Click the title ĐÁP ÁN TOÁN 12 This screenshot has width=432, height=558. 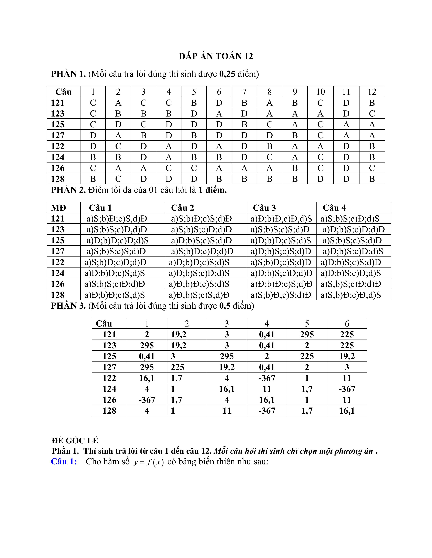[x=216, y=56]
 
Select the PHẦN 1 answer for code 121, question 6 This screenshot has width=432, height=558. [x=219, y=103]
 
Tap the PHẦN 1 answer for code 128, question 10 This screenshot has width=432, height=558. [x=320, y=179]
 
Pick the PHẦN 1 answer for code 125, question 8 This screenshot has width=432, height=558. [x=270, y=124]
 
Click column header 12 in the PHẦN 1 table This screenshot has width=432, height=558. [x=372, y=92]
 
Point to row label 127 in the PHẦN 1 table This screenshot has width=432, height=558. [x=58, y=135]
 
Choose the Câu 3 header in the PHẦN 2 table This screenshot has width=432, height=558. [x=264, y=208]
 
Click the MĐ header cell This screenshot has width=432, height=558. [x=59, y=208]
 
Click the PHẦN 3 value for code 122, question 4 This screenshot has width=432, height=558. [x=267, y=378]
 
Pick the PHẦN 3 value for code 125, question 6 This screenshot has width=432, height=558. [x=347, y=356]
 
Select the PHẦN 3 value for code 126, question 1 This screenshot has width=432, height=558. [x=147, y=400]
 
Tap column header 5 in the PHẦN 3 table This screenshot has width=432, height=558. [x=307, y=324]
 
